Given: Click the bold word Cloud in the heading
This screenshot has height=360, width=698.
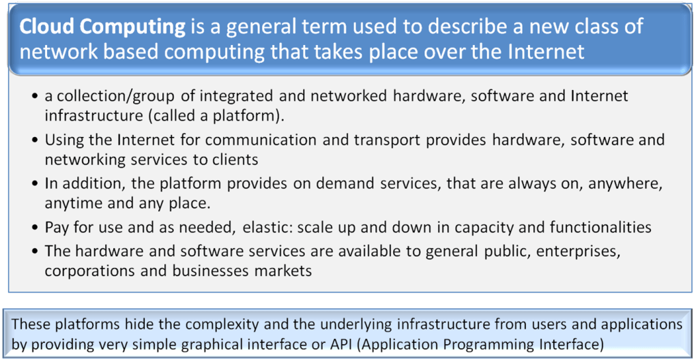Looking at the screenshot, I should pyautogui.click(x=45, y=27).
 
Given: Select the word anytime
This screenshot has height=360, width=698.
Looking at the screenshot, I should pyautogui.click(x=72, y=203).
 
